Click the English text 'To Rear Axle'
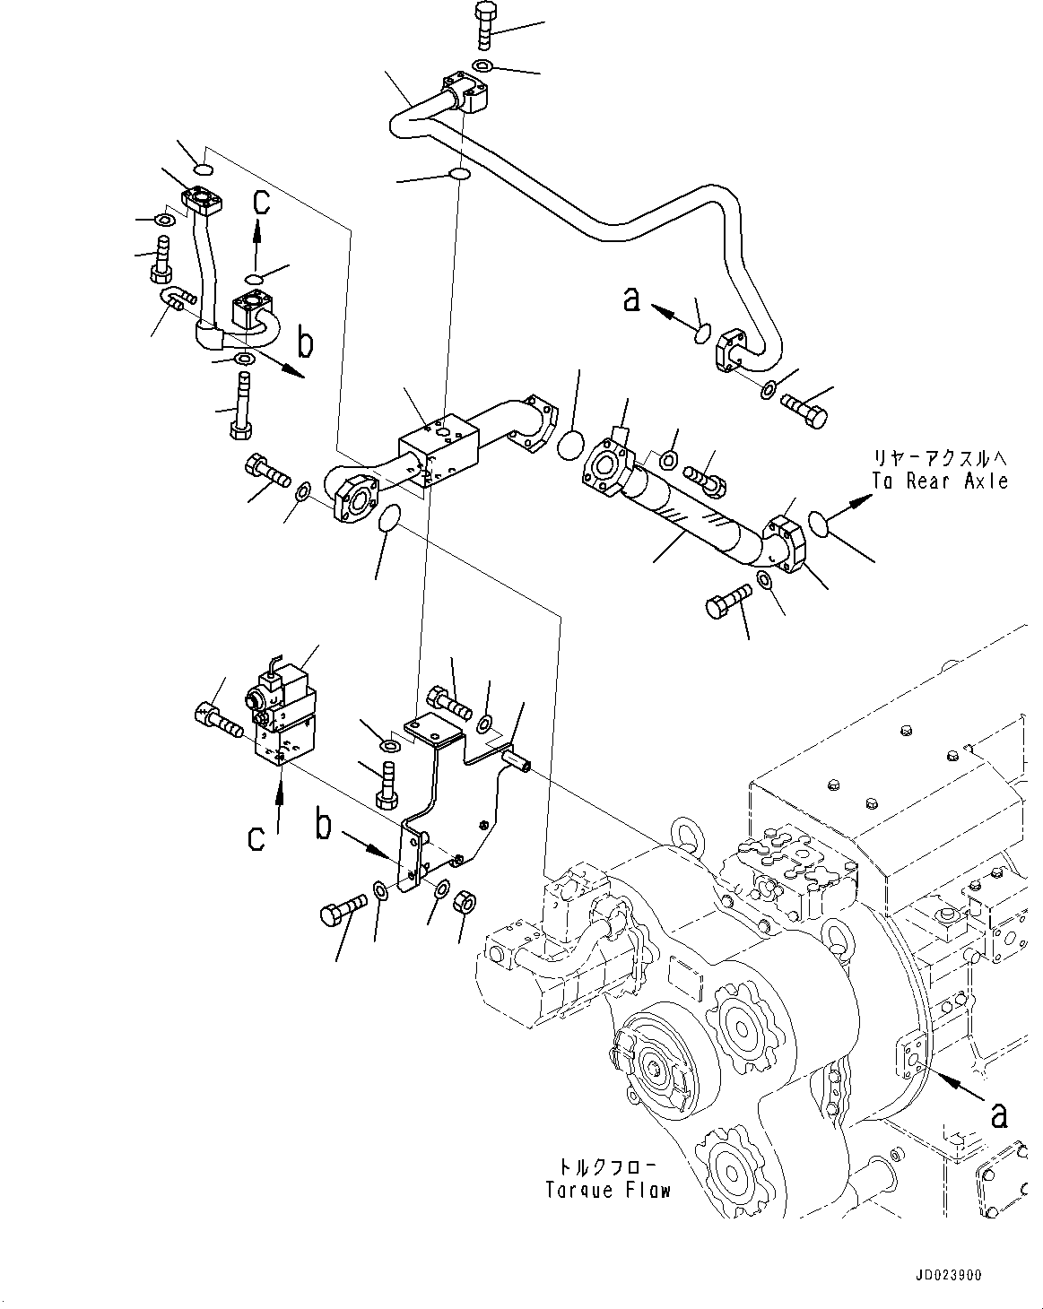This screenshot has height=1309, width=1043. click(x=939, y=481)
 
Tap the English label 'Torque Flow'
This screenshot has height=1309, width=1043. click(x=608, y=1190)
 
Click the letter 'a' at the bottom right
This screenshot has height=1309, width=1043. click(x=997, y=1114)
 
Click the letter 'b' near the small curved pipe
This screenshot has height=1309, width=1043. click(x=305, y=343)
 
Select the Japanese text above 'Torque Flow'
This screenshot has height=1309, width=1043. click(x=608, y=1167)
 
